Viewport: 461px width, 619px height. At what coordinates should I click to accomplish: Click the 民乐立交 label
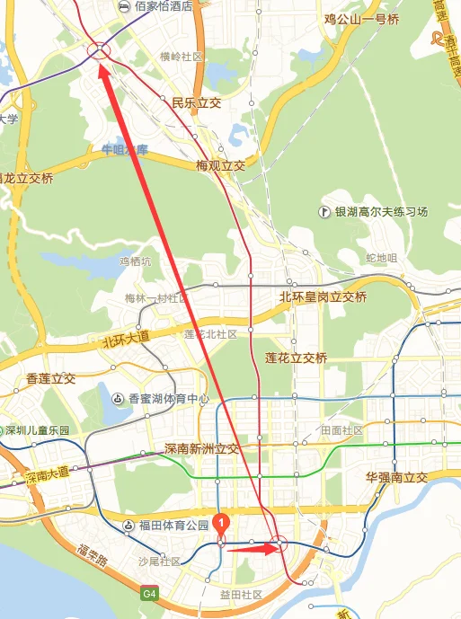click(196, 103)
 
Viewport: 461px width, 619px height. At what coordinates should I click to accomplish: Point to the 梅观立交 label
click(220, 166)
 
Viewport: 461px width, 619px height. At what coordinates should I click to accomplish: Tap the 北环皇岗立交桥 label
click(324, 296)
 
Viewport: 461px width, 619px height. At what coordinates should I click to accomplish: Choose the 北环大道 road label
click(112, 341)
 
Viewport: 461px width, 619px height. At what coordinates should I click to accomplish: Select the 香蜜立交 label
click(50, 378)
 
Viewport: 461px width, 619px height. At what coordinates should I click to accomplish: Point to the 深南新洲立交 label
click(201, 448)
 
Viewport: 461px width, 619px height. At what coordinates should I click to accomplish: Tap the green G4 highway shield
click(150, 593)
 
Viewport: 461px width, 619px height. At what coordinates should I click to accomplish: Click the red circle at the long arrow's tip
click(99, 51)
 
